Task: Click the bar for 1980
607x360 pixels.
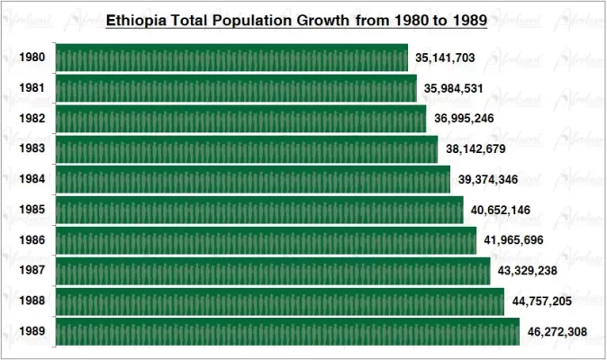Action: (x=231, y=58)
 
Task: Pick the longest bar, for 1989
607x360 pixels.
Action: (x=287, y=332)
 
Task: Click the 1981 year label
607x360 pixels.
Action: (x=31, y=88)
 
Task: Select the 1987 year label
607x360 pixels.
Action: (x=31, y=271)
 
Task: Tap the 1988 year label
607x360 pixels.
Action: (x=31, y=301)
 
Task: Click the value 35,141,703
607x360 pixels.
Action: (x=445, y=58)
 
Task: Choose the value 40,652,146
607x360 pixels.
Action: (x=501, y=210)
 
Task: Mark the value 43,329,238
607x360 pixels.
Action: (x=528, y=271)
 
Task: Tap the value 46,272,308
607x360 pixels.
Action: (x=557, y=332)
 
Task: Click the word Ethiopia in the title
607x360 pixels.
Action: (x=135, y=19)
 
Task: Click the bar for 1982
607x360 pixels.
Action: (x=240, y=119)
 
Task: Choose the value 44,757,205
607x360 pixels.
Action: (x=544, y=301)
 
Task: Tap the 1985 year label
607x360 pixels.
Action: (x=31, y=210)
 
